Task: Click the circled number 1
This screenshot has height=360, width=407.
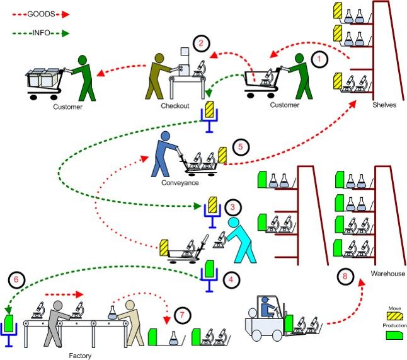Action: coord(321,60)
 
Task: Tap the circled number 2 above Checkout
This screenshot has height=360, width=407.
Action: coord(201,44)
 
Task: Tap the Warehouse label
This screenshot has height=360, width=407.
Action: coord(387,274)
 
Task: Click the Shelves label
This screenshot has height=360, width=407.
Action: coord(384,105)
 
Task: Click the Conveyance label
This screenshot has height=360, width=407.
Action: coord(180,183)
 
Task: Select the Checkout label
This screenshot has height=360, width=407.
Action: coord(176,106)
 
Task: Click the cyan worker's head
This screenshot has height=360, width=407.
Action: coord(234,222)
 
